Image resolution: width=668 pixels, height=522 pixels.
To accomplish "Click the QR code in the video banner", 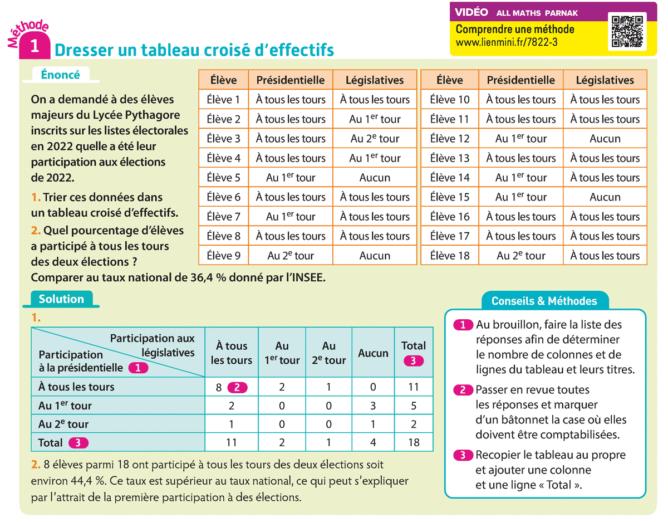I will tap(627, 31).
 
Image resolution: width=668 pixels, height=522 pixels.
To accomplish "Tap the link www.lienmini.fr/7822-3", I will tap(507, 42).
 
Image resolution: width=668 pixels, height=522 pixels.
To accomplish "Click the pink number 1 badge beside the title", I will tap(35, 47).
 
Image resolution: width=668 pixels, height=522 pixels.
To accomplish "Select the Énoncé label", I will tap(60, 75).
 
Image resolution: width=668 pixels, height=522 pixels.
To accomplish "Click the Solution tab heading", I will tap(61, 299).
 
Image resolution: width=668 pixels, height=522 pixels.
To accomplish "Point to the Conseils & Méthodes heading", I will tap(544, 301).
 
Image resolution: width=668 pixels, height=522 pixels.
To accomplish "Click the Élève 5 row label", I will tap(223, 178).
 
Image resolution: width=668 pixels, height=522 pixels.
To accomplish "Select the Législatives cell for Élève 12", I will tap(605, 139).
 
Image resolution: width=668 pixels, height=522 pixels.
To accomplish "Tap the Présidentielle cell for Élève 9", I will tap(291, 256).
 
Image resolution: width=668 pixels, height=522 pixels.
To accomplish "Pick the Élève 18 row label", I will tap(450, 256).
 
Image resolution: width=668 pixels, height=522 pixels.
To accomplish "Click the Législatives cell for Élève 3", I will tap(375, 139).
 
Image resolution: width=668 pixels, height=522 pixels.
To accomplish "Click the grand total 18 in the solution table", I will tap(413, 443).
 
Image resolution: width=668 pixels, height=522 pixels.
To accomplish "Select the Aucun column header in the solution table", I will tap(373, 353).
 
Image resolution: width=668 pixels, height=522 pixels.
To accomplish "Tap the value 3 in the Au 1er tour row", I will tap(373, 406).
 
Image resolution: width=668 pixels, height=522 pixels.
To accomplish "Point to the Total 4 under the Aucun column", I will tap(373, 443).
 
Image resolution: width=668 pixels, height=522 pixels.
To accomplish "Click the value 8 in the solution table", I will tap(219, 387).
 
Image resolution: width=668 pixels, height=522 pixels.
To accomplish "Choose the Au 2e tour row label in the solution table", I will tap(63, 425).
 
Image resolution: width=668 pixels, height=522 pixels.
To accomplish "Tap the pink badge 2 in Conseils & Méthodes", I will tap(463, 390).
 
